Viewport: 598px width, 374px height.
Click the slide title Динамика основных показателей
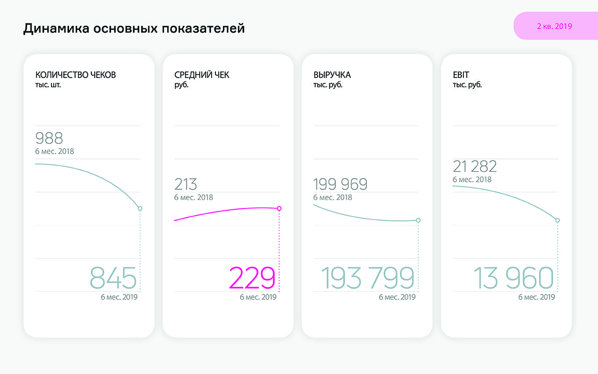click(x=134, y=29)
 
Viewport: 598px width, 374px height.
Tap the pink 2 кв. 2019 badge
click(x=555, y=26)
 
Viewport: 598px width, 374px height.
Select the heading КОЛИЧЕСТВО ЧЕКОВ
click(x=76, y=75)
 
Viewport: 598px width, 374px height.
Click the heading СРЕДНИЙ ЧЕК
click(x=202, y=75)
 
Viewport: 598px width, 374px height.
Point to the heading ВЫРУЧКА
click(x=332, y=75)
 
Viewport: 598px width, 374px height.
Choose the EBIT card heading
click(x=462, y=75)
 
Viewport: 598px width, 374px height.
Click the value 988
click(x=49, y=138)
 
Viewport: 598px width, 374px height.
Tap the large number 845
click(x=113, y=279)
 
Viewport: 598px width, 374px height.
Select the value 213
click(x=185, y=184)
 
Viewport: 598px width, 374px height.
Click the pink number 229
click(x=252, y=279)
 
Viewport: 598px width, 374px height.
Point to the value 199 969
click(x=340, y=184)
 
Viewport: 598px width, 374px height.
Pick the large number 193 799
click(x=368, y=279)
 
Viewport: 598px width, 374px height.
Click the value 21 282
click(x=475, y=166)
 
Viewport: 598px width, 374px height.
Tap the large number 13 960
click(x=513, y=279)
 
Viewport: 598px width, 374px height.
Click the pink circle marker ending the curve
click(x=279, y=209)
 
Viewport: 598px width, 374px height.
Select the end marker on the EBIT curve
click(x=557, y=220)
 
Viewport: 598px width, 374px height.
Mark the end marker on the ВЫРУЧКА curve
click(x=418, y=220)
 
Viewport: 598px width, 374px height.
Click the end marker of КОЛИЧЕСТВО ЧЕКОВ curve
click(x=140, y=209)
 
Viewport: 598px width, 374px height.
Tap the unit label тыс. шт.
click(x=48, y=85)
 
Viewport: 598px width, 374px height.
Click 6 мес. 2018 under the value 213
click(x=193, y=197)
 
